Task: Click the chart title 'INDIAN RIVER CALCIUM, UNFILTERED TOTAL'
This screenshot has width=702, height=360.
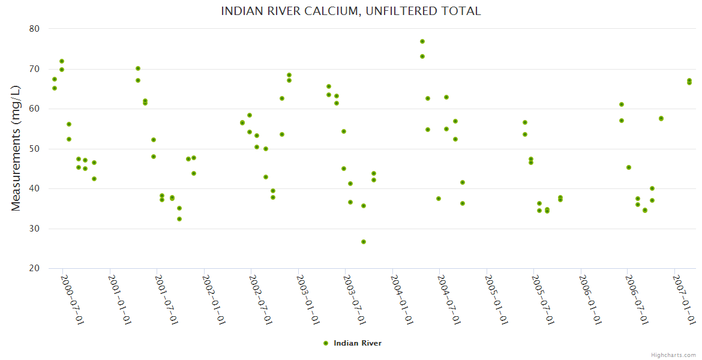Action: click(x=350, y=11)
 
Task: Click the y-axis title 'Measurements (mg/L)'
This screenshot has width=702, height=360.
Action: click(x=16, y=148)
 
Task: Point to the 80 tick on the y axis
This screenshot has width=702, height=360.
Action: click(x=34, y=29)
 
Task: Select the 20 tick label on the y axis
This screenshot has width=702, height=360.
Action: click(x=34, y=268)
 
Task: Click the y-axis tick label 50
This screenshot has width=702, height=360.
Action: click(x=34, y=149)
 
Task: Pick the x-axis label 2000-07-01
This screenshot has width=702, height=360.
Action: click(x=73, y=300)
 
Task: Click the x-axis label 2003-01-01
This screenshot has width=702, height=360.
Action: click(x=308, y=300)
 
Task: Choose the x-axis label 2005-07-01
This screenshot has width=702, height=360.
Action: click(x=543, y=300)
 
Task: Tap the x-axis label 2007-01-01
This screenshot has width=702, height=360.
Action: click(x=684, y=300)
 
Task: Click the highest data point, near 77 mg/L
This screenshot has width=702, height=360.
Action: click(x=422, y=41)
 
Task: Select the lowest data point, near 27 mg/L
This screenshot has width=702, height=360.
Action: click(x=364, y=242)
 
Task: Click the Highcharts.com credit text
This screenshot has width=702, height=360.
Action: click(x=674, y=355)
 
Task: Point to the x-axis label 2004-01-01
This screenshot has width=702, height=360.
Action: click(x=402, y=300)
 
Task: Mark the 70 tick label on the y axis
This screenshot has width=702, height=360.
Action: click(x=34, y=69)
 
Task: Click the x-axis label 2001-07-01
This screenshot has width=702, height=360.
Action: click(x=167, y=300)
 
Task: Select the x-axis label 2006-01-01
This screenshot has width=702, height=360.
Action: click(x=590, y=300)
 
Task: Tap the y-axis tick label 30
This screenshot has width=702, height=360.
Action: click(x=34, y=229)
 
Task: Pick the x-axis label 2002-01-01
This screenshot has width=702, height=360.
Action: click(x=214, y=300)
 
